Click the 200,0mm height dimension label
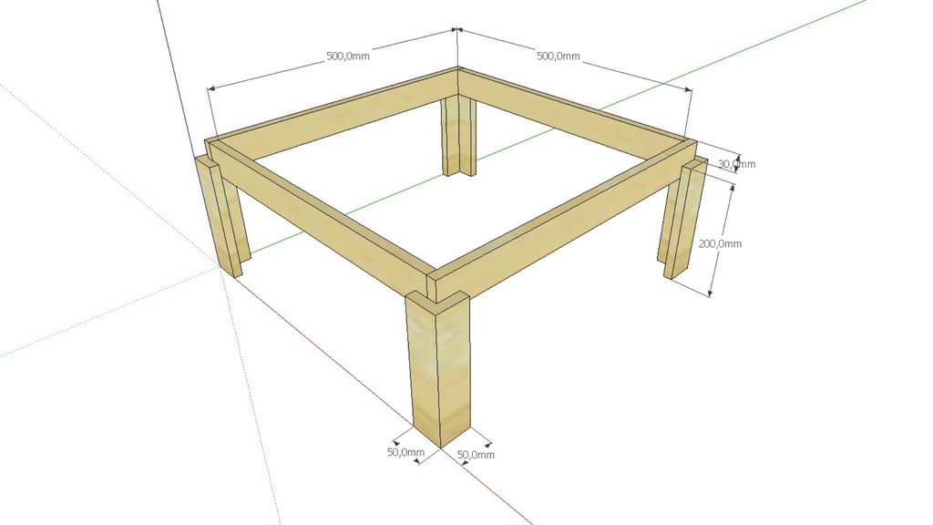click(x=720, y=243)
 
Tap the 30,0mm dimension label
click(x=736, y=164)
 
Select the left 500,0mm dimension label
click(x=347, y=56)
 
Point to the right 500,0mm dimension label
click(x=559, y=56)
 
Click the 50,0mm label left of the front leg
click(x=405, y=452)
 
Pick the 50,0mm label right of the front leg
click(x=476, y=455)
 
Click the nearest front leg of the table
click(x=438, y=368)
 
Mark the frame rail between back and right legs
click(x=577, y=108)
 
